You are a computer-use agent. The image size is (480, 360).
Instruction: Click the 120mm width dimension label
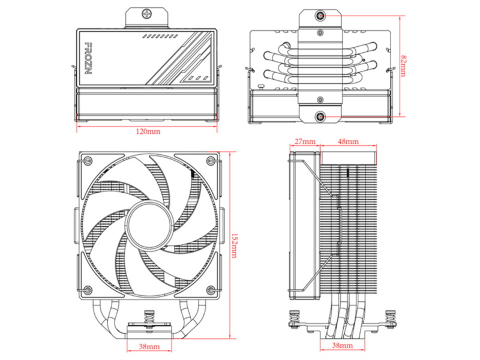148,131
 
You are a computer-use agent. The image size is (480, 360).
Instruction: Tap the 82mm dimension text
404,66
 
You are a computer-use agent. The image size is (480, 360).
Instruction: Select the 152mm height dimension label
234,245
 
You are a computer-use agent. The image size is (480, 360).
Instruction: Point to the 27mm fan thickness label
305,142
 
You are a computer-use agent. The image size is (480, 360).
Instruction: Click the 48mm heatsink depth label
349,142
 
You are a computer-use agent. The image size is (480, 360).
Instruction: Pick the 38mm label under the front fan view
149,347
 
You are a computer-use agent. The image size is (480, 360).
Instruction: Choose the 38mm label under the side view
342,346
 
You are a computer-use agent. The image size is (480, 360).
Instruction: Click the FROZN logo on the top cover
88,58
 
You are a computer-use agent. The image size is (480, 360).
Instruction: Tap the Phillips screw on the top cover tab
146,13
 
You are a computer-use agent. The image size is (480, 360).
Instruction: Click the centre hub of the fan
149,226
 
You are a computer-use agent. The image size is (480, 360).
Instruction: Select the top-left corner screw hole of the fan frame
88,160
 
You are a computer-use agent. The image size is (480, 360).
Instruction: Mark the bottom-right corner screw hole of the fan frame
211,290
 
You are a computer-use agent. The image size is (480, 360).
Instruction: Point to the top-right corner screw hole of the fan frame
211,160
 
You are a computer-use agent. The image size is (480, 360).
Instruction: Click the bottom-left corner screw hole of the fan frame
88,290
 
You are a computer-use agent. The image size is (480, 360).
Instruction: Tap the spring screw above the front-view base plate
149,320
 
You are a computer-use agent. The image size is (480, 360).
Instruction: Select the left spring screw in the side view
295,320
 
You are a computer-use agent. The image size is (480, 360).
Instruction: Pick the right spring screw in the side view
391,320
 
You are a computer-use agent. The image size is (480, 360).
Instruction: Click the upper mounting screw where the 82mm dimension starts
320,16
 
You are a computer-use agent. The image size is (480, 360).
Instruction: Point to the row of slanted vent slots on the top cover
160,37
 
